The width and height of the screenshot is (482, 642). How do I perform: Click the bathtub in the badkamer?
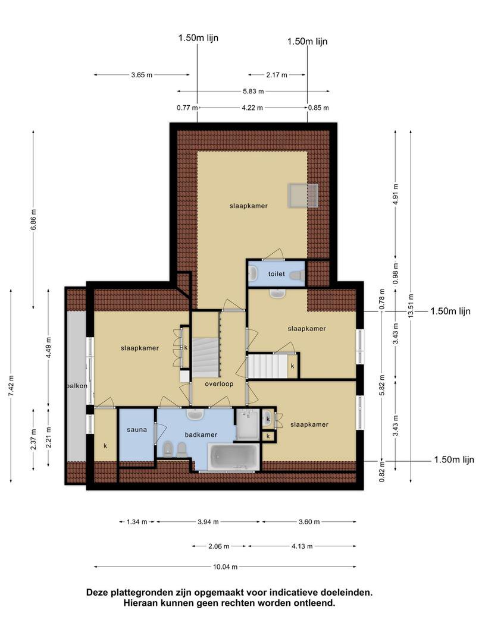click(x=234, y=457)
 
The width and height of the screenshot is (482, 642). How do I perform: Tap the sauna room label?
click(x=137, y=430)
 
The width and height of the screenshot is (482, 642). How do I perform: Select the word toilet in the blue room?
click(x=276, y=273)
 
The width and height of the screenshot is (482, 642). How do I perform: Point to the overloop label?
click(x=219, y=384)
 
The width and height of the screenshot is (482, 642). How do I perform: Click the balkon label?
click(x=77, y=386)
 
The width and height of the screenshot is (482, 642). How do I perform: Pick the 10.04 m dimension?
click(x=225, y=567)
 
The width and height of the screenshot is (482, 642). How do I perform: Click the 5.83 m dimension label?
click(x=253, y=92)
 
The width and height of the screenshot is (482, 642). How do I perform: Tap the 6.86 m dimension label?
click(x=33, y=219)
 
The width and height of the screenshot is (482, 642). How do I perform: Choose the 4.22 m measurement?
click(x=252, y=108)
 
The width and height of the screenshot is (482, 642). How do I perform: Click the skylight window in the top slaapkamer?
click(x=303, y=196)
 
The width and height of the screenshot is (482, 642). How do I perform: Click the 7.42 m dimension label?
click(x=11, y=385)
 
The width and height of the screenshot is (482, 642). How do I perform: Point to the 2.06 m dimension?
click(x=219, y=546)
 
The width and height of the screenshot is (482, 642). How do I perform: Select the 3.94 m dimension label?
click(x=208, y=522)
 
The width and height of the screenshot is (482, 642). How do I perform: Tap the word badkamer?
click(x=201, y=435)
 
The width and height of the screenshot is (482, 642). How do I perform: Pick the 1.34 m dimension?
click(x=137, y=522)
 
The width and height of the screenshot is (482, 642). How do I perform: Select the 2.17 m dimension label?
click(x=277, y=75)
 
